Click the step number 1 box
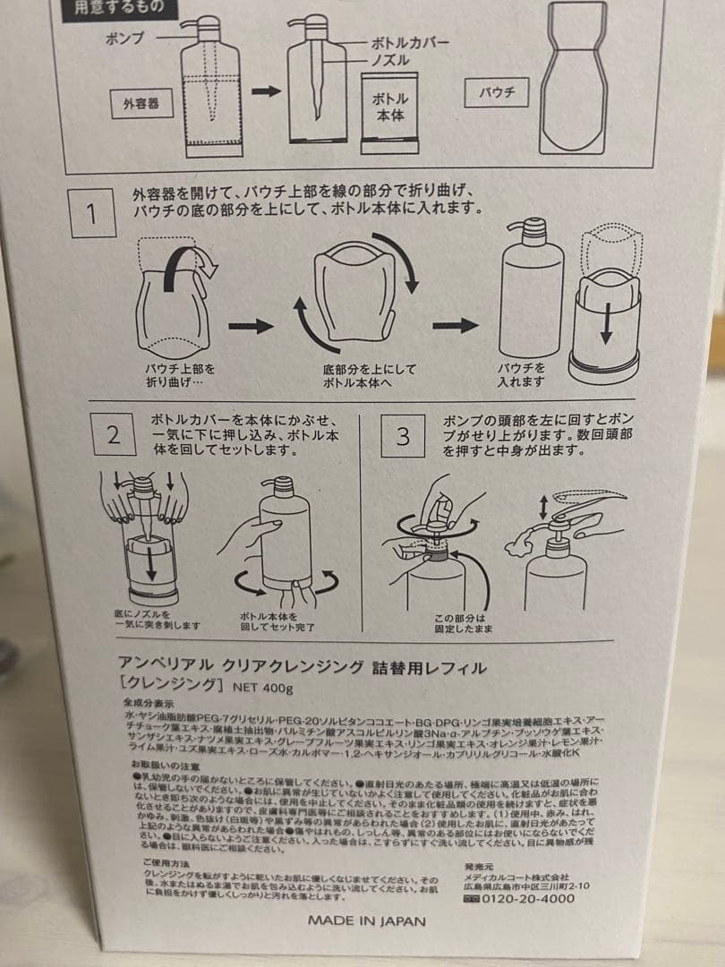click(x=93, y=213)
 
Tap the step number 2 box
click(x=114, y=436)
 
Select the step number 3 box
click(x=403, y=436)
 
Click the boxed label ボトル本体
click(x=390, y=107)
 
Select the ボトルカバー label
click(x=411, y=42)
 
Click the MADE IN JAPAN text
click(x=367, y=920)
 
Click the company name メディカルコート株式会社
click(x=516, y=876)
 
